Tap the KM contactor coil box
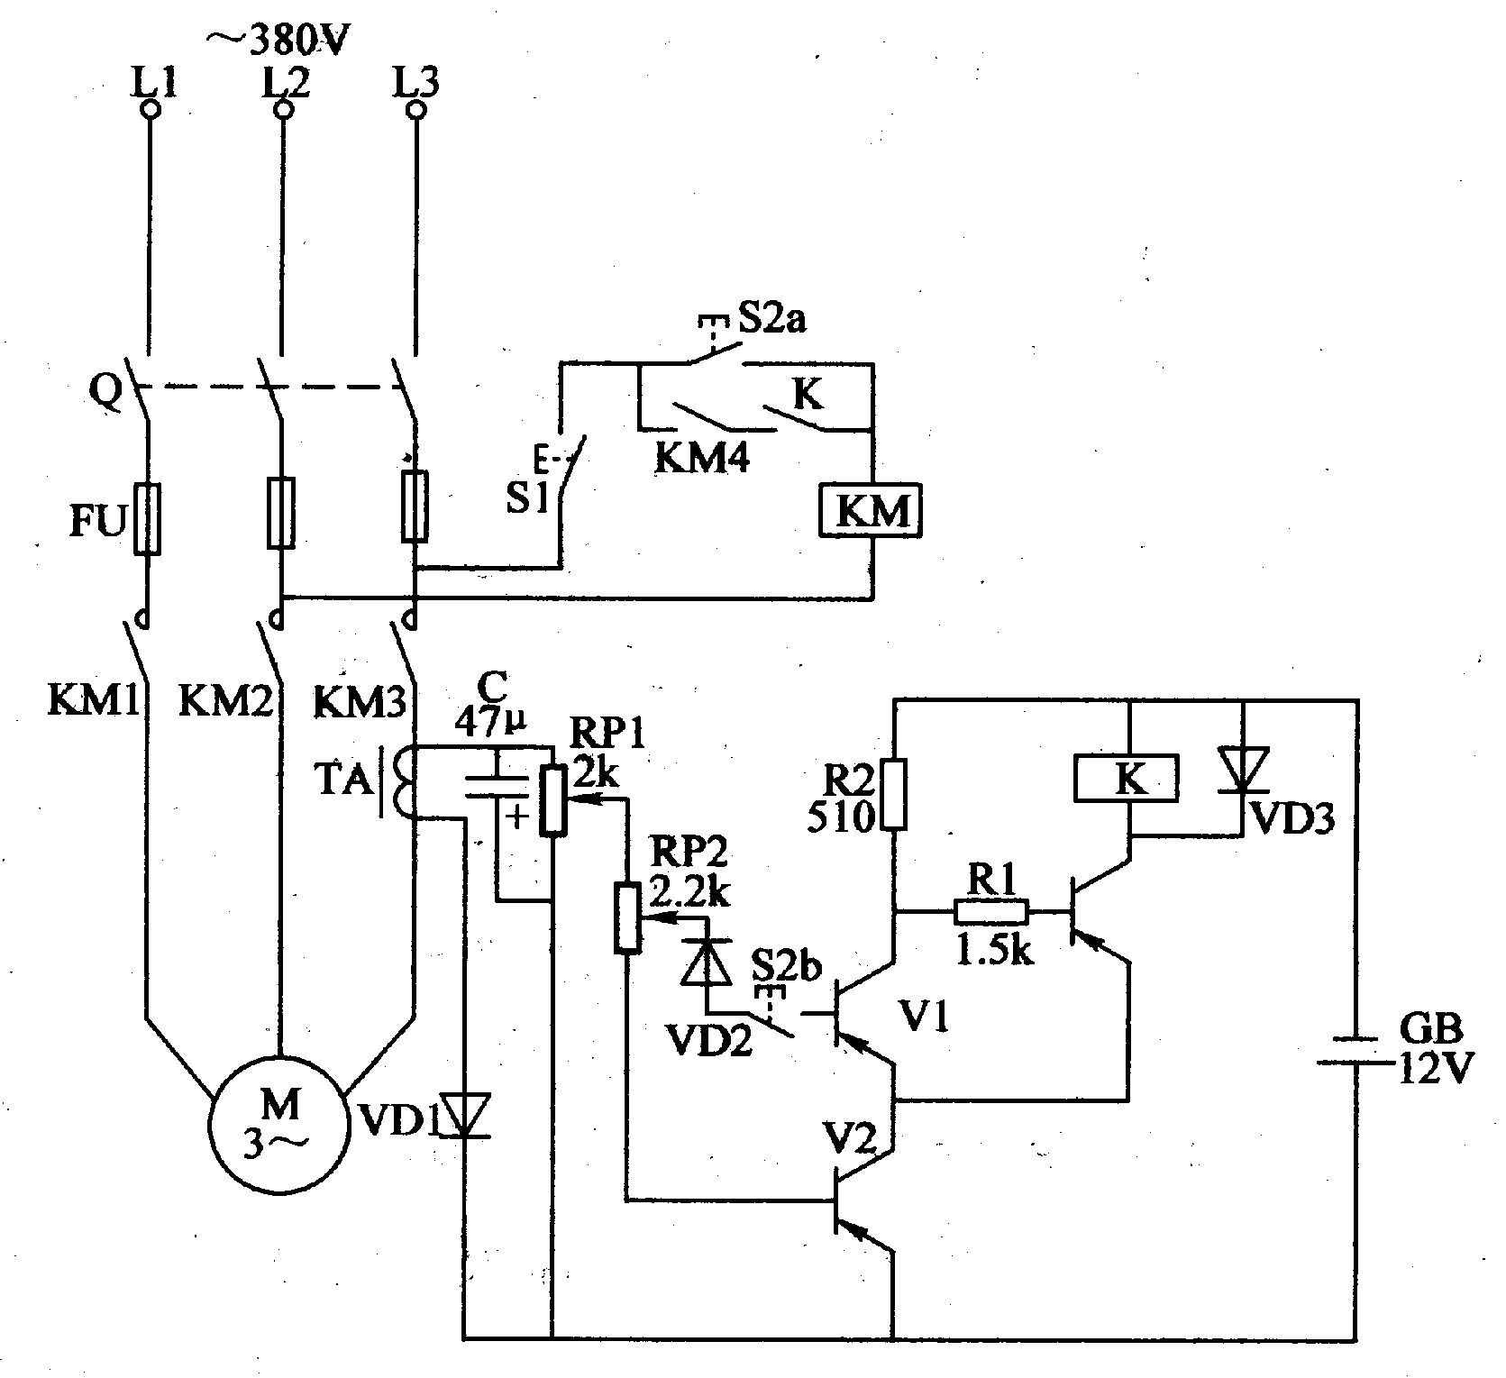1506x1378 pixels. point(871,512)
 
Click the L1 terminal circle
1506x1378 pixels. point(151,110)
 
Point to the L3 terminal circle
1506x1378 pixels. point(415,110)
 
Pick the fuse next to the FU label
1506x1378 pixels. point(148,518)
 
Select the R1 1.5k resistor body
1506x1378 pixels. point(990,912)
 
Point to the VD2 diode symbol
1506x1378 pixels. point(706,960)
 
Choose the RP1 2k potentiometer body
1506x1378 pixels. point(553,801)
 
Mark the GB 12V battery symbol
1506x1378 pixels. point(1357,1051)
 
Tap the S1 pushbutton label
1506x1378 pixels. point(527,498)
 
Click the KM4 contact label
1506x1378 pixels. point(702,459)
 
